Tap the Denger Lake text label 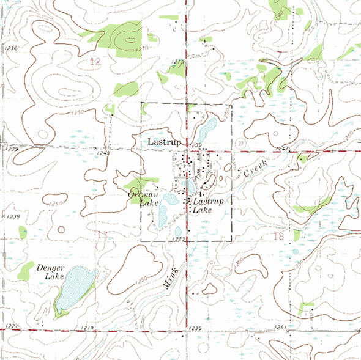coord(50,272)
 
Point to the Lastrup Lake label coord(207,205)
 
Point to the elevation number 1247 coord(281,149)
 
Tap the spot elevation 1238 coord(12,216)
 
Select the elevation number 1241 coord(280,328)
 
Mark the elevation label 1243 coord(103,153)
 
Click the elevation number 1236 coord(12,47)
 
